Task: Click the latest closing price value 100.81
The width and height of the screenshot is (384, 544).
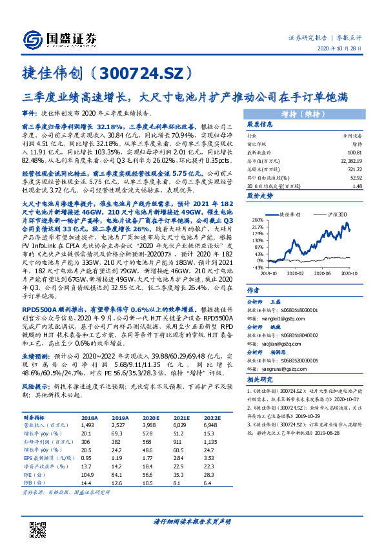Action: point(354,151)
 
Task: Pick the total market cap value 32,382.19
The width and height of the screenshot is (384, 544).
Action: point(351,159)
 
